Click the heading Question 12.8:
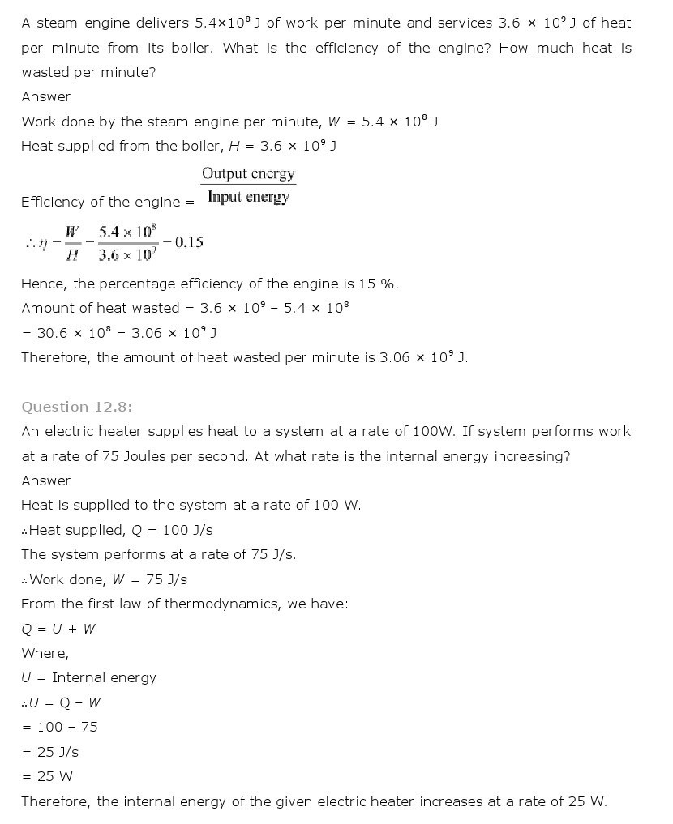click(x=76, y=407)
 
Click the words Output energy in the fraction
click(x=248, y=173)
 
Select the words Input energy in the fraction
click(x=248, y=197)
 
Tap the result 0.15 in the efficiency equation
click(x=188, y=241)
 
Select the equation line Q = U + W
click(x=58, y=629)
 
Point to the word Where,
click(x=45, y=653)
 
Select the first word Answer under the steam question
click(x=45, y=96)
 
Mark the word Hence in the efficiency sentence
click(x=42, y=284)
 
